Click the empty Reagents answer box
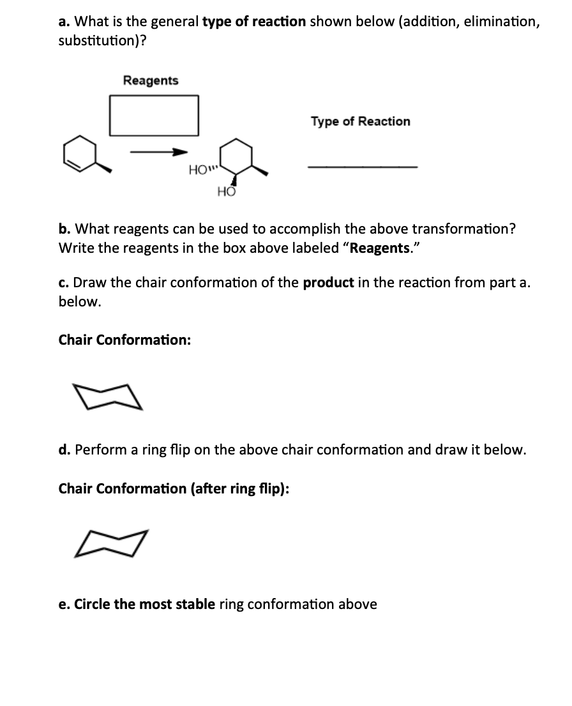[x=154, y=115]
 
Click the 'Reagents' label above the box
[x=151, y=80]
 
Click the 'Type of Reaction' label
[x=361, y=121]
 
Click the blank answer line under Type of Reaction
[x=362, y=167]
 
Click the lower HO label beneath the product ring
[x=226, y=191]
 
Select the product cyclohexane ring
[x=236, y=156]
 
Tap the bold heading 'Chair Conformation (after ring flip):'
[x=174, y=489]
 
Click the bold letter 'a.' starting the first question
[x=64, y=21]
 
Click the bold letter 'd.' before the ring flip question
[x=64, y=449]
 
